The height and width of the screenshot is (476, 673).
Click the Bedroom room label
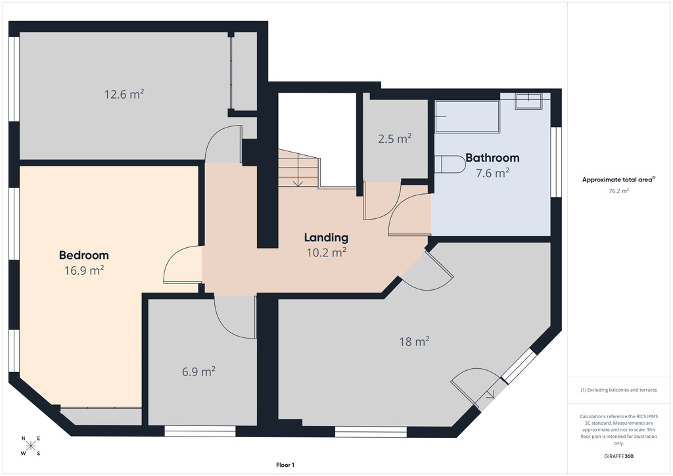tap(83, 255)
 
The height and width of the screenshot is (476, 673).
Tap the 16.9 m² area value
tap(84, 270)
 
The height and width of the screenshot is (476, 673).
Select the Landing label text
tap(326, 237)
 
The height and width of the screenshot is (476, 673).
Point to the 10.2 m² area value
tap(326, 252)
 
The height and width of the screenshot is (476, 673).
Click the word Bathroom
tap(492, 158)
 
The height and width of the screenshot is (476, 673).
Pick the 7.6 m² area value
tap(492, 173)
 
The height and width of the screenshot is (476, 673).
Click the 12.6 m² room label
tap(124, 94)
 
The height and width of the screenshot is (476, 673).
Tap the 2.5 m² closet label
tap(395, 139)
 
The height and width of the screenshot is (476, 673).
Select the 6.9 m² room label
tap(198, 371)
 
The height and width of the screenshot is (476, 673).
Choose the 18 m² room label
tap(414, 341)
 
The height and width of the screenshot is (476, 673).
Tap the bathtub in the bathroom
tap(467, 117)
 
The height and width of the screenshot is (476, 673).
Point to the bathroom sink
tap(529, 101)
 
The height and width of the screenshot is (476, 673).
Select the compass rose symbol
tap(30, 446)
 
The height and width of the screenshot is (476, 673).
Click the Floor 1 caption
tap(285, 465)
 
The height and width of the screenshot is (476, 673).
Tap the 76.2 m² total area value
tap(618, 191)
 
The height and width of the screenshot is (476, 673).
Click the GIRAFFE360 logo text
tap(618, 456)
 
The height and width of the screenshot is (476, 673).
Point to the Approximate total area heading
tap(618, 180)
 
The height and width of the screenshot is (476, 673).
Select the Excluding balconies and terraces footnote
tap(618, 390)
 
